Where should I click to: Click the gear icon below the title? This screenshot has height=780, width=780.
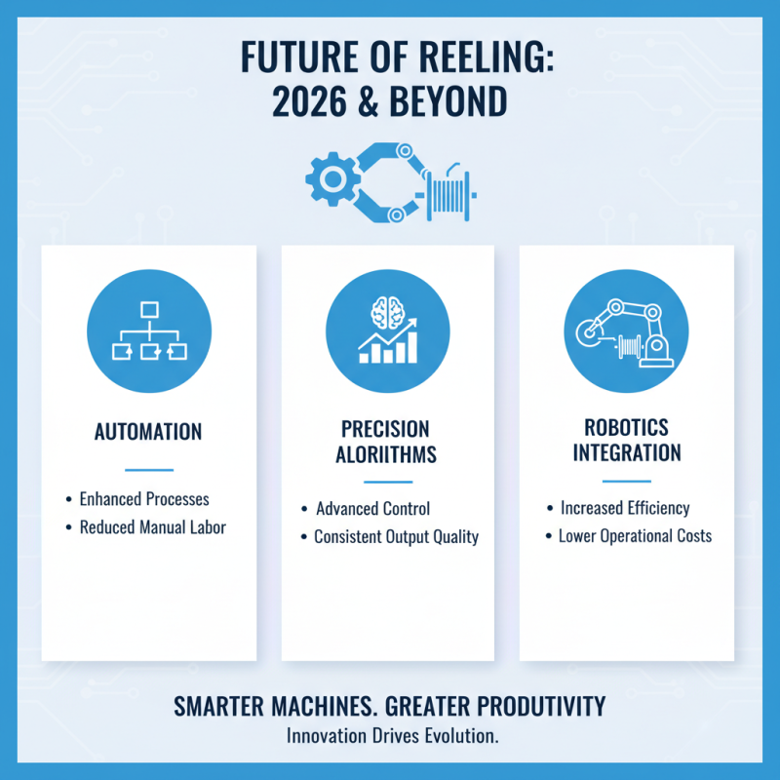pyautogui.click(x=329, y=178)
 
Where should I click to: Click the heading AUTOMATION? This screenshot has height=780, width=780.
pyautogui.click(x=148, y=431)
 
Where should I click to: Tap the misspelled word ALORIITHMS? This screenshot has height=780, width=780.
pyautogui.click(x=387, y=454)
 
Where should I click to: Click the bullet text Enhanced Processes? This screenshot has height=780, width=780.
pyautogui.click(x=144, y=499)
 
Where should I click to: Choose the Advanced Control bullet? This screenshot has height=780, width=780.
pyautogui.click(x=372, y=509)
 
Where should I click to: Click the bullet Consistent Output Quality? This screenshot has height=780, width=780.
pyautogui.click(x=396, y=537)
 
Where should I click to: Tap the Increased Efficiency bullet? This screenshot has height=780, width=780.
pyautogui.click(x=625, y=508)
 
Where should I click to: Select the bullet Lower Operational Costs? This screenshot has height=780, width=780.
pyautogui.click(x=635, y=536)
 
